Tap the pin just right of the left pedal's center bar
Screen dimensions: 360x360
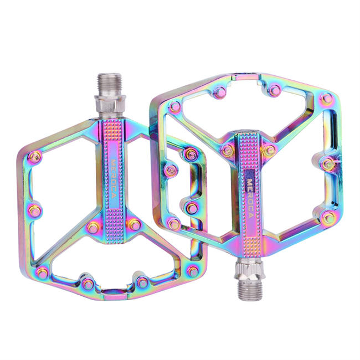[133, 224]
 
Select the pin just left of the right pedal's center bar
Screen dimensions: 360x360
[227, 150]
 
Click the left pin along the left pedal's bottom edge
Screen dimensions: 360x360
[87, 284]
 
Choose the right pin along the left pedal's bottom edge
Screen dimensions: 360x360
[143, 283]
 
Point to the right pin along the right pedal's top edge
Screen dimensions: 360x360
[274, 89]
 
